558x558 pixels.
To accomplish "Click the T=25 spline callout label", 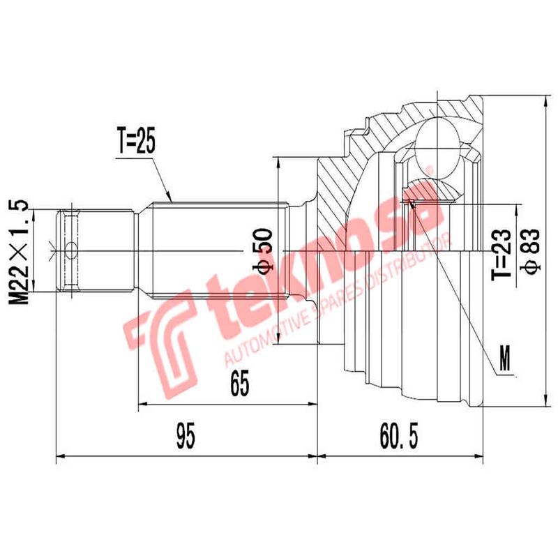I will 135,141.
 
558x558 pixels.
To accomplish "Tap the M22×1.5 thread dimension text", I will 21,252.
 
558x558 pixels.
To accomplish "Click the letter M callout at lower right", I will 507,358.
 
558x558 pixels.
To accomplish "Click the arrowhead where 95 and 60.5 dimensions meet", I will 318,457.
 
